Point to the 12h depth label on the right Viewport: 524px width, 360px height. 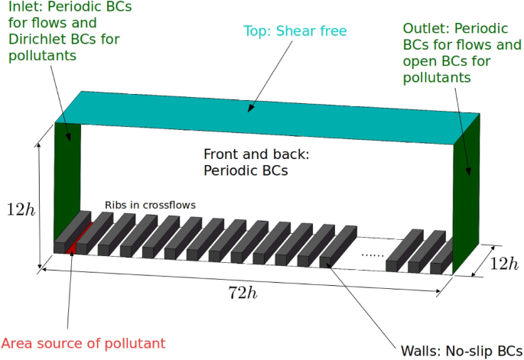click(x=503, y=264)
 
